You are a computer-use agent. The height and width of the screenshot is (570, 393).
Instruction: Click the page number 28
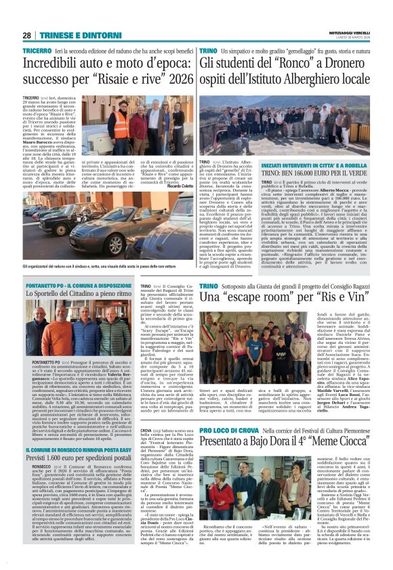(27, 35)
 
